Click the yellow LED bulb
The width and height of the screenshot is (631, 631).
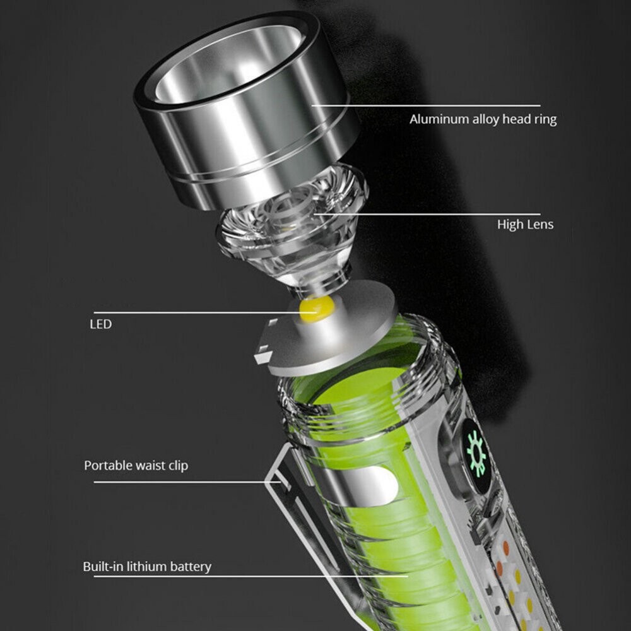click(x=317, y=309)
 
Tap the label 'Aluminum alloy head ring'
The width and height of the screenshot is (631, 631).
click(x=483, y=119)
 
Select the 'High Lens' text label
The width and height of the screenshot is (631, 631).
click(x=525, y=224)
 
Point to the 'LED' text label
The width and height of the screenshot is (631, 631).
click(x=100, y=324)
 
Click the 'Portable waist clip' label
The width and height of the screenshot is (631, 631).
click(x=136, y=466)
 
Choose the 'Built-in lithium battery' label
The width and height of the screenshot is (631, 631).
click(x=147, y=567)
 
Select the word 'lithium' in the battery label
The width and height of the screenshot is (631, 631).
click(x=146, y=566)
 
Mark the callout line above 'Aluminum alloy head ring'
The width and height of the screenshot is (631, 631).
click(x=426, y=106)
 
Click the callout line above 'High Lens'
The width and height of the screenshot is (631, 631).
click(x=427, y=214)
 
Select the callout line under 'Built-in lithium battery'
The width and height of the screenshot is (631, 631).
click(x=251, y=576)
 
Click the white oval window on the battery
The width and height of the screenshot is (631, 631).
click(x=378, y=486)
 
